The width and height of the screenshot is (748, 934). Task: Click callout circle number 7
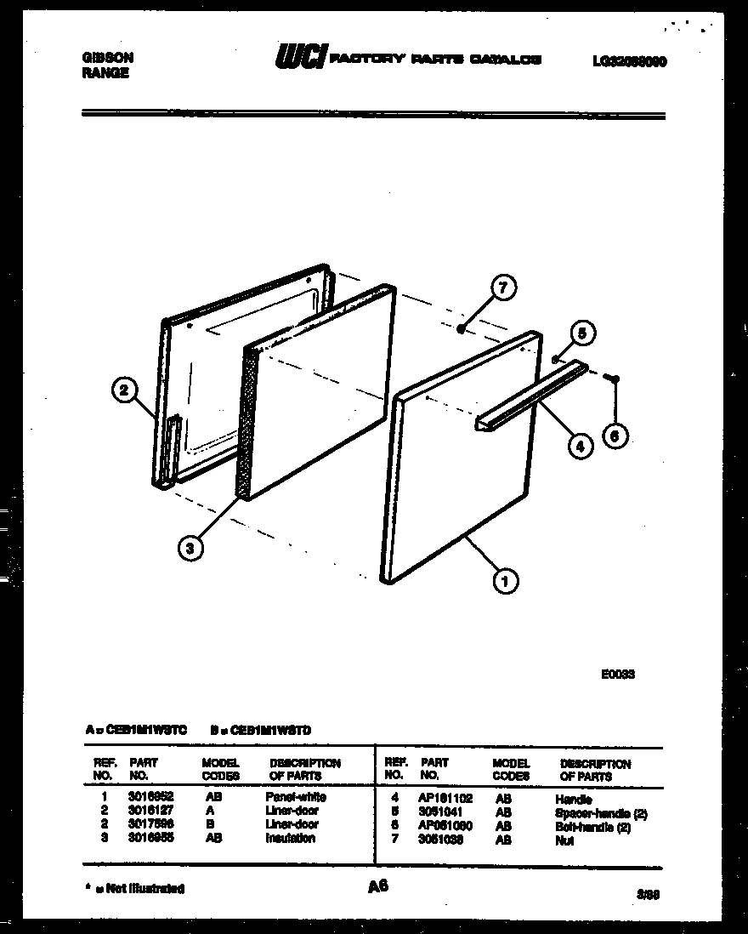tap(502, 288)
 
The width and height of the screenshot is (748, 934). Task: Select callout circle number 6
tap(615, 436)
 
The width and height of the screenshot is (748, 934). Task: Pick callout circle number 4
tap(580, 446)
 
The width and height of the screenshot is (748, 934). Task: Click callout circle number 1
tap(507, 582)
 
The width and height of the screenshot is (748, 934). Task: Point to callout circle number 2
tap(124, 391)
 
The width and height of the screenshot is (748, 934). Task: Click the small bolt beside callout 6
tap(615, 379)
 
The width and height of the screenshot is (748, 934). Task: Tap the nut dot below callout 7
tap(461, 328)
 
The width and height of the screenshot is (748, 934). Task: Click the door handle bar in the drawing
tap(531, 396)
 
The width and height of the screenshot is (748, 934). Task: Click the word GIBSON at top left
tap(106, 58)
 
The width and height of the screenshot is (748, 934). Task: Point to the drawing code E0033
tap(618, 674)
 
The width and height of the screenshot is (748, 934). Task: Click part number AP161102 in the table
tap(446, 800)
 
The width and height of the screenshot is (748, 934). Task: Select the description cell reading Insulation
tap(290, 839)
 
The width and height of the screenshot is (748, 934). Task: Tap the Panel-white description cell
tap(295, 798)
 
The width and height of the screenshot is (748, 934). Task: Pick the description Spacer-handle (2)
tap(600, 813)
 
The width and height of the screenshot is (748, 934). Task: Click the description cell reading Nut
tap(564, 840)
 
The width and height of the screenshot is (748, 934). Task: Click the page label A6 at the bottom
tap(377, 886)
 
